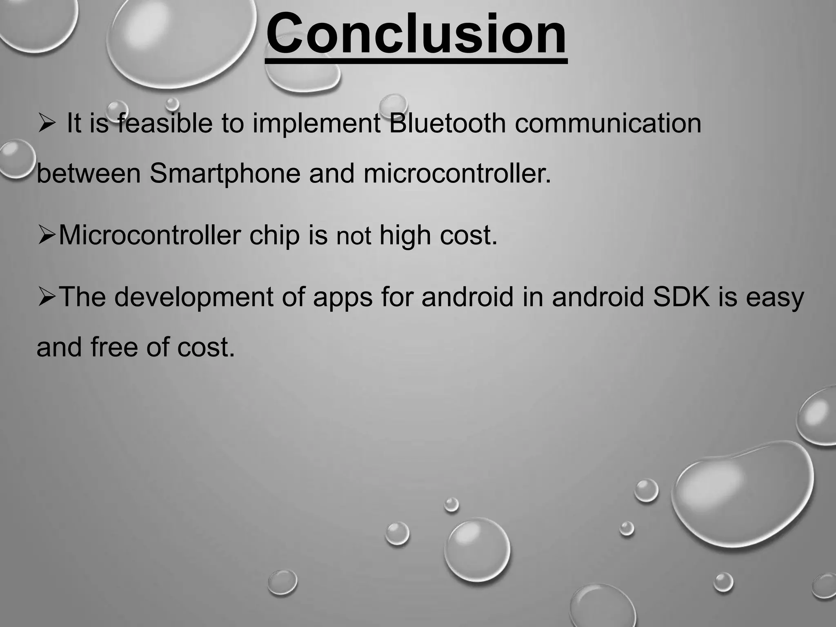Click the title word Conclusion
416,35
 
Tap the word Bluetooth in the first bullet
447,123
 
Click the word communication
608,123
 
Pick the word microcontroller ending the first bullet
456,174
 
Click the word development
193,297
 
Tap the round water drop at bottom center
477,549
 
